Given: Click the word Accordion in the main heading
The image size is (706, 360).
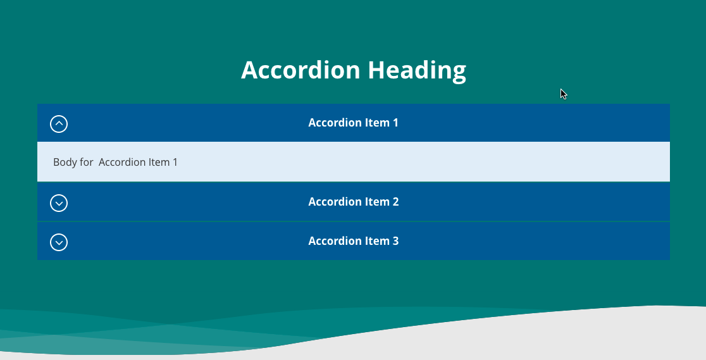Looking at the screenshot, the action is click(x=300, y=70).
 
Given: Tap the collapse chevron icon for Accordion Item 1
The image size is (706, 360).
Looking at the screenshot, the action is click(x=59, y=124).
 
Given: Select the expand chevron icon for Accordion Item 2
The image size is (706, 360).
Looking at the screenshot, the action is click(x=59, y=202).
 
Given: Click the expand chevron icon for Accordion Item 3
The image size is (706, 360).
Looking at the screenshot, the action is click(x=59, y=242).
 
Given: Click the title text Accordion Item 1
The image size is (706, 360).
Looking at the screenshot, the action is click(x=354, y=123).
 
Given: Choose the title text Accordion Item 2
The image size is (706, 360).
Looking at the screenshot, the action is click(x=354, y=201).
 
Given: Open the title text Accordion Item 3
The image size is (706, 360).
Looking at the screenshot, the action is click(x=354, y=240).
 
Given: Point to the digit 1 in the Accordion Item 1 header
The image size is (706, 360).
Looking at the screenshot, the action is click(x=395, y=123).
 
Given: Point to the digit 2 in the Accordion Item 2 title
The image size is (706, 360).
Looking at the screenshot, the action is click(x=395, y=201).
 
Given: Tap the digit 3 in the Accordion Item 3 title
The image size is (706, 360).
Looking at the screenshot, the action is click(x=395, y=240).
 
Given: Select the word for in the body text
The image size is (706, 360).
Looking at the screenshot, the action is click(x=87, y=162).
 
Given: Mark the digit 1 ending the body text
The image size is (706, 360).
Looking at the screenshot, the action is click(x=175, y=162).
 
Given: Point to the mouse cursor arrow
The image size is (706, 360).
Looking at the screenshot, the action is click(x=563, y=94).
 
